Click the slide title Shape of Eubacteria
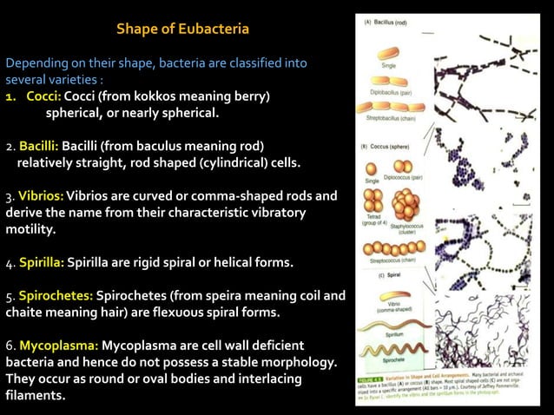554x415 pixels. pyautogui.click(x=182, y=30)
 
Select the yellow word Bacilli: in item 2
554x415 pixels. pyautogui.click(x=38, y=144)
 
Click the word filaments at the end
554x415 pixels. pyautogui.click(x=34, y=396)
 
